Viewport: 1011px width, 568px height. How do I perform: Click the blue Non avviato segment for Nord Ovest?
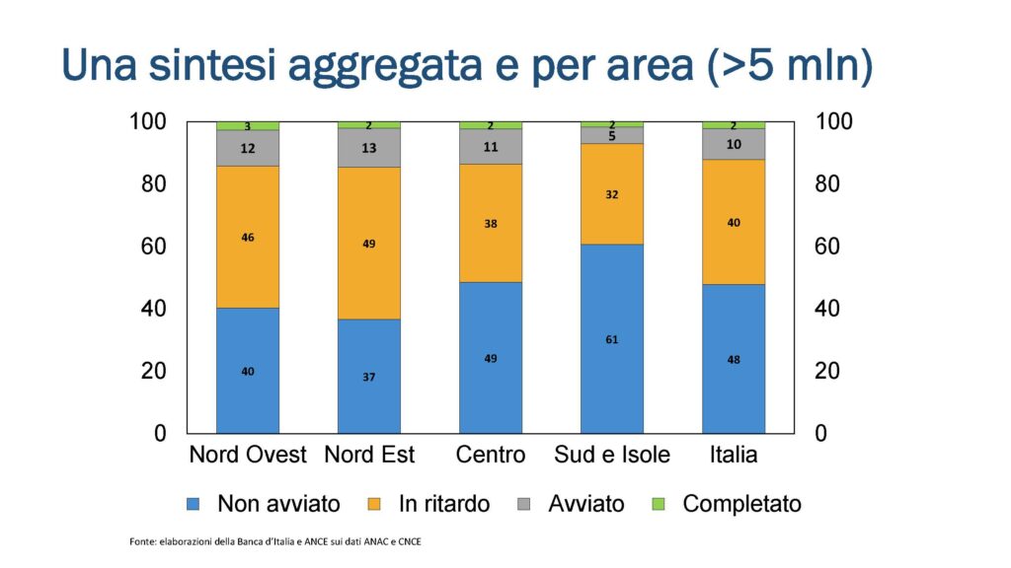pos(248,370)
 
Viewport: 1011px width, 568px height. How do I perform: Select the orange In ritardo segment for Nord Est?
pos(369,243)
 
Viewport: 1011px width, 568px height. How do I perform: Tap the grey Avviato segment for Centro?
pos(491,146)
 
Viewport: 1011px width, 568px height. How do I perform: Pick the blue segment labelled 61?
pos(612,338)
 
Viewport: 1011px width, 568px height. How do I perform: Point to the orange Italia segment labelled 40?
pos(734,222)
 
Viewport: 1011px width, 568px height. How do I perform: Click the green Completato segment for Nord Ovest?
pos(248,126)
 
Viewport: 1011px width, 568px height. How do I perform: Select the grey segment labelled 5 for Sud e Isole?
pos(612,135)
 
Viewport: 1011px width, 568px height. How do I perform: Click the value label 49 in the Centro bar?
pos(491,358)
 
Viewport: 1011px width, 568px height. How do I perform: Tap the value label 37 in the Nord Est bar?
pos(369,377)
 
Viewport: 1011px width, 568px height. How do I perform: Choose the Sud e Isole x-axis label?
pos(612,455)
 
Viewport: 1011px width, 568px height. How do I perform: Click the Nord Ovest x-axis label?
pos(248,455)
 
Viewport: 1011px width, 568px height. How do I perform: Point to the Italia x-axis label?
pos(734,455)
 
